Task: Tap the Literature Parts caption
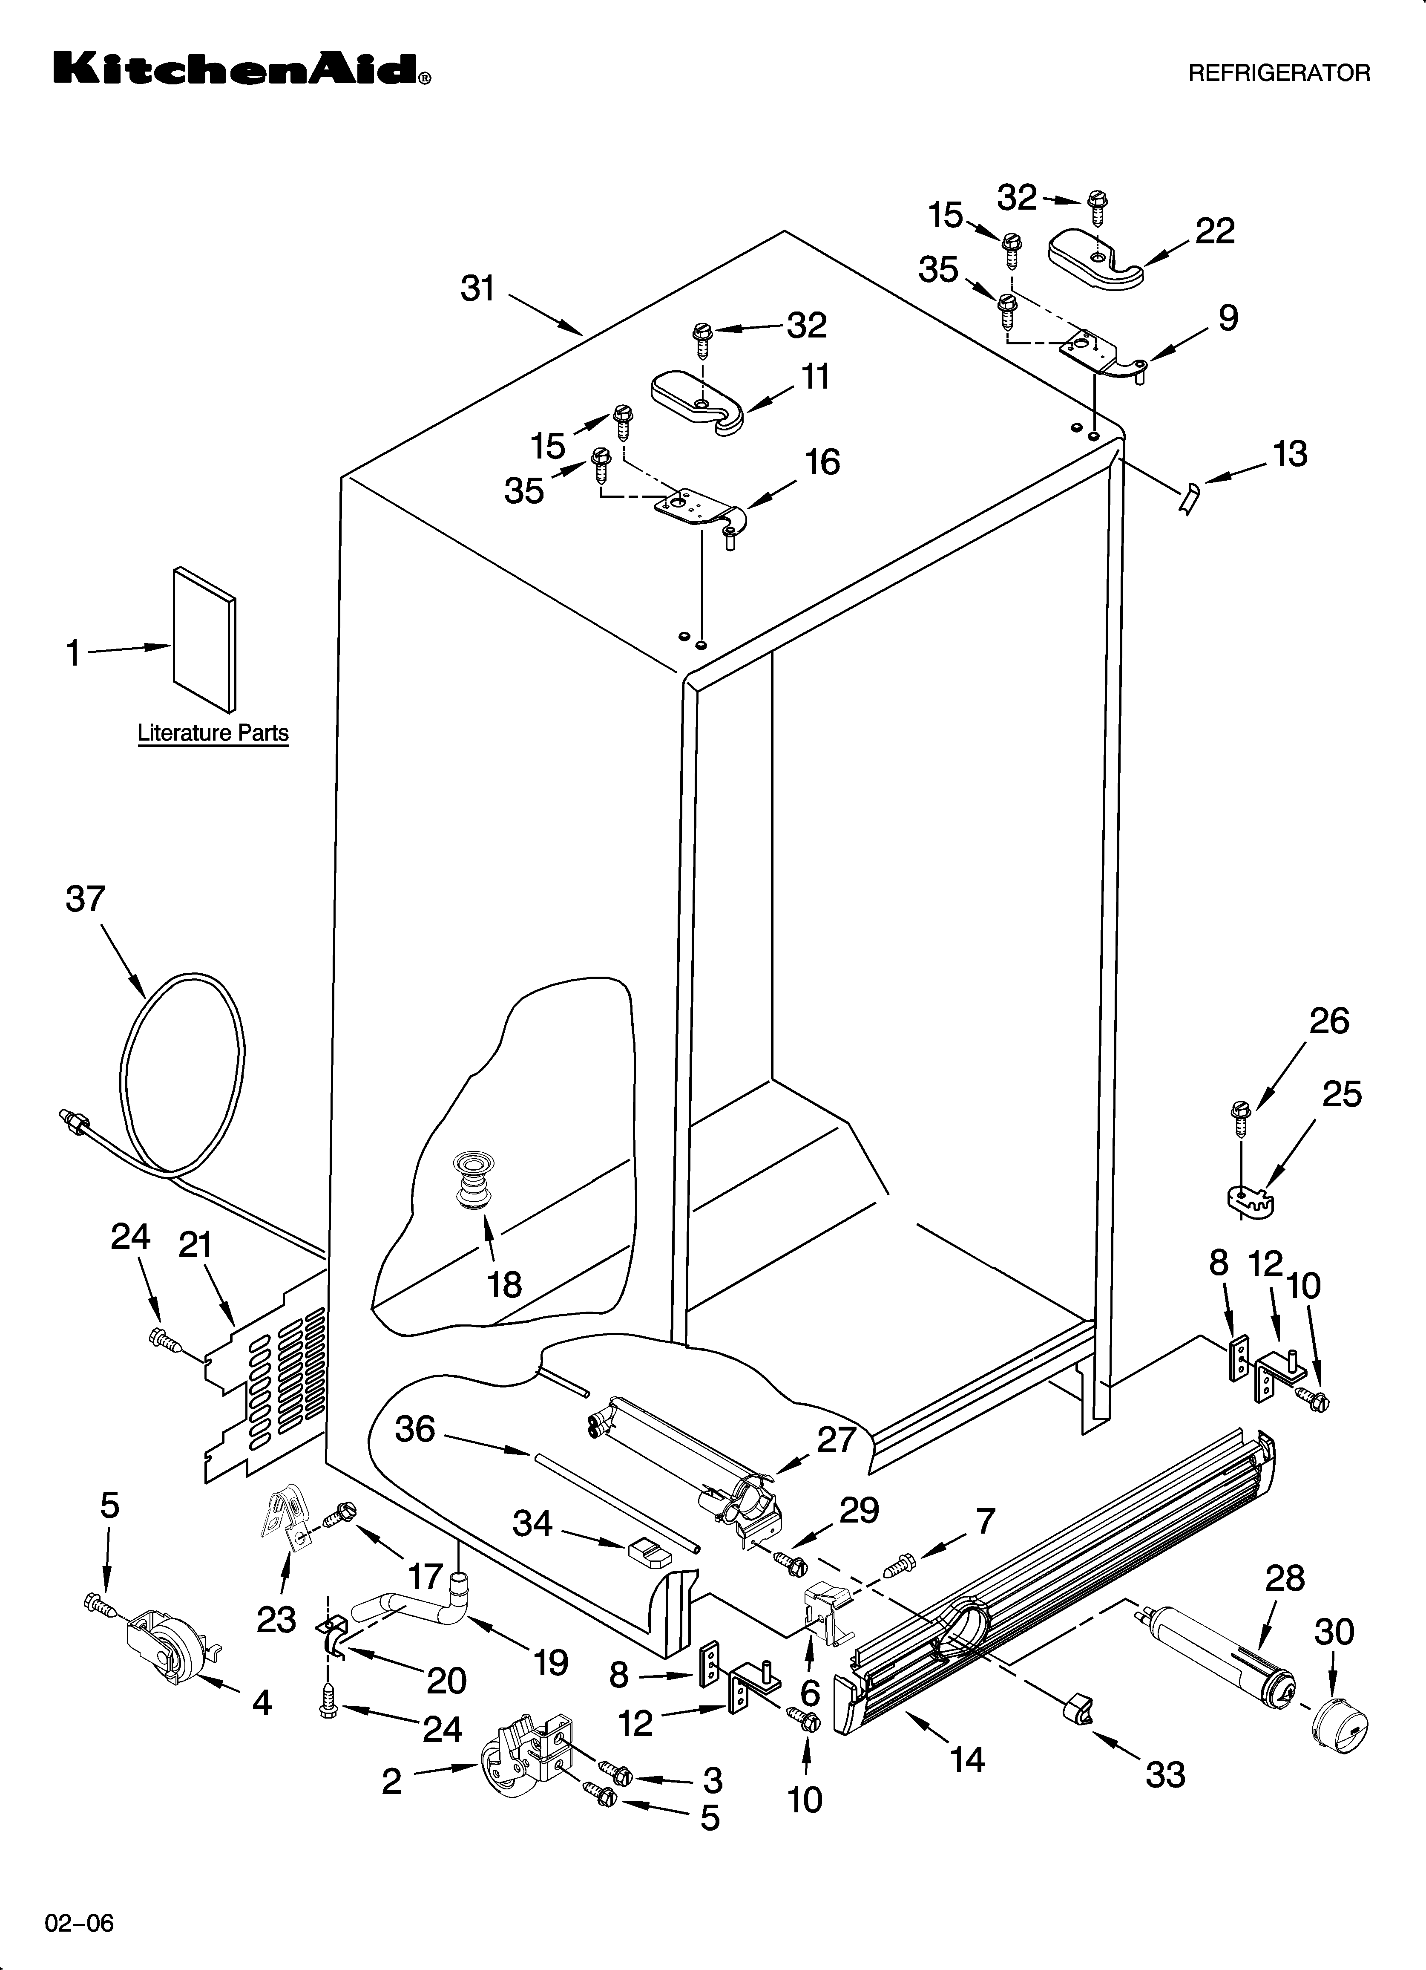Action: click(213, 733)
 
